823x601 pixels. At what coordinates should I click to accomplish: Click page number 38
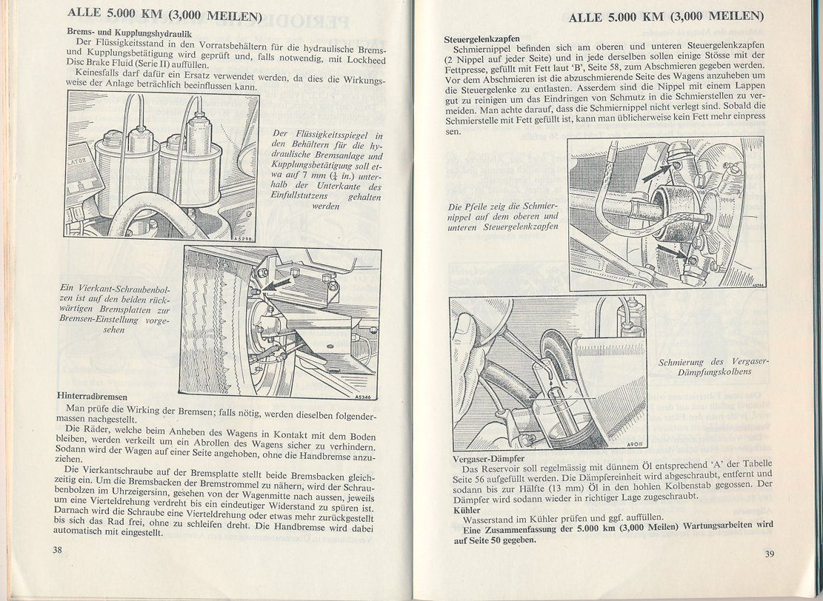[x=57, y=549]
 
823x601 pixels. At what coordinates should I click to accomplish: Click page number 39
[x=770, y=554]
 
